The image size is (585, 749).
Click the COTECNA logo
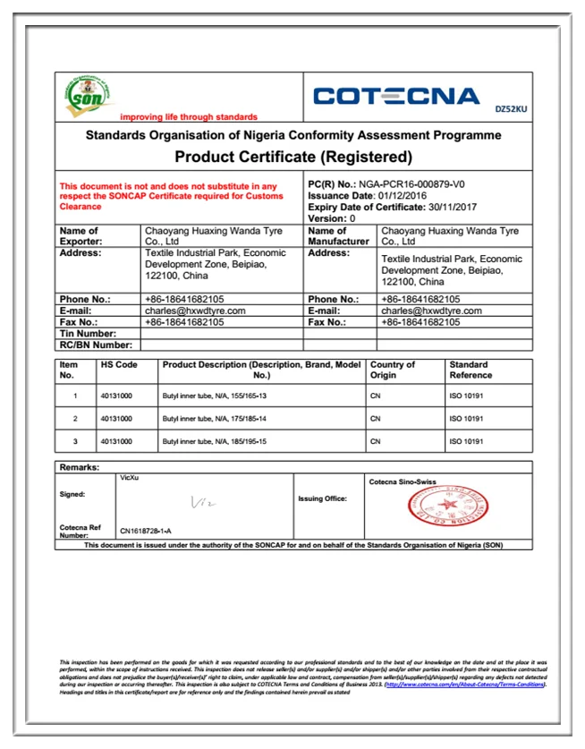coord(397,97)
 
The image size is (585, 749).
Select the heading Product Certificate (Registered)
coord(292,157)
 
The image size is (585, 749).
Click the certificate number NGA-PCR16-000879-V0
coord(420,183)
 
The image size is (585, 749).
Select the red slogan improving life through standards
coord(189,117)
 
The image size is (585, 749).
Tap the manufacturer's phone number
coord(420,299)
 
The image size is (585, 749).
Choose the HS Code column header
coord(119,365)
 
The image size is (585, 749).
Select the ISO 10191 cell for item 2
coord(466,419)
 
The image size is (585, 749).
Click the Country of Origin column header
coord(393,370)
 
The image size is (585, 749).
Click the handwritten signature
coord(206,504)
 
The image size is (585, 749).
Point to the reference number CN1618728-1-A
coord(146,531)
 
